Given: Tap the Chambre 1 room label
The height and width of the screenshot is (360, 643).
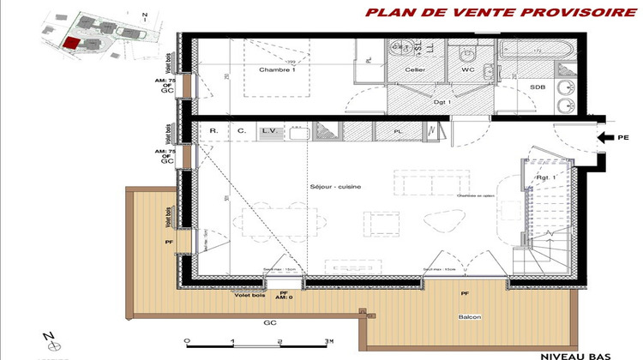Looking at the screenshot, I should [x=276, y=70].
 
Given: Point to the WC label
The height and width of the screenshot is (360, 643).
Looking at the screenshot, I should [x=467, y=69].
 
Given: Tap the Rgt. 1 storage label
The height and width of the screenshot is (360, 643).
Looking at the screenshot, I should [x=546, y=177].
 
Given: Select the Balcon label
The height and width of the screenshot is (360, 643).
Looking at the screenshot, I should [x=468, y=318].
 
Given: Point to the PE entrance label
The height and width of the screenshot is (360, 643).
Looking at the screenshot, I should [x=622, y=136].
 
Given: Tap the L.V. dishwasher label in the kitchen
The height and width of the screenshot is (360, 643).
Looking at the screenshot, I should [x=269, y=130].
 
